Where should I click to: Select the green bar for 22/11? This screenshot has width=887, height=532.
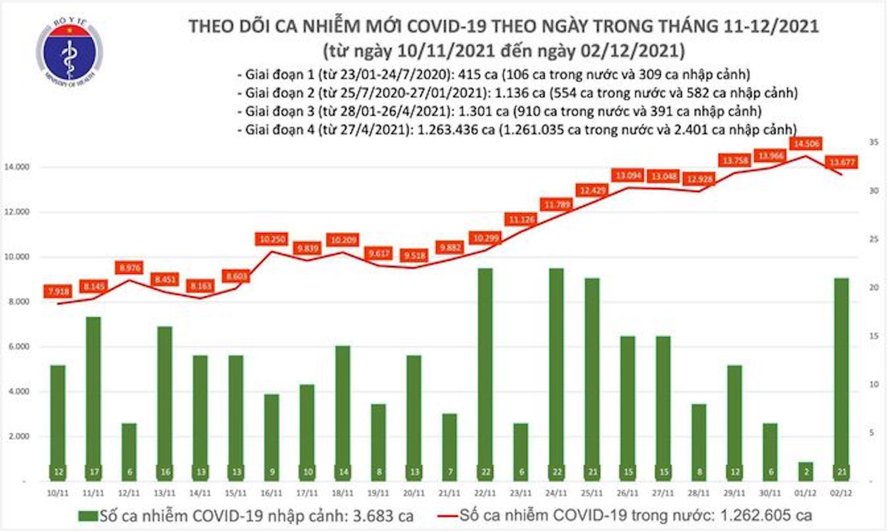pyautogui.click(x=485, y=370)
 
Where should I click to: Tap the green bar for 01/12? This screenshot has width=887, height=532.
pyautogui.click(x=805, y=471)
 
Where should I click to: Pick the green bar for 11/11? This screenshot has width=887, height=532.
pyautogui.click(x=93, y=393)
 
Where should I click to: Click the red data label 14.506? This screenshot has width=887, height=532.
pyautogui.click(x=806, y=144)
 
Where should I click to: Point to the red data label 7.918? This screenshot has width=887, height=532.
pyautogui.click(x=58, y=291)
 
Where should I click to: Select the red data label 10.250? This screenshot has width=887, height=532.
pyautogui.click(x=272, y=239)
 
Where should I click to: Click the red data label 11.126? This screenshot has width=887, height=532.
pyautogui.click(x=522, y=220)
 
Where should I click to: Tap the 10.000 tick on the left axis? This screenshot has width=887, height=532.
pyautogui.click(x=17, y=257)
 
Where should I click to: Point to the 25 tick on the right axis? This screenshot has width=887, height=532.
pyautogui.click(x=874, y=239)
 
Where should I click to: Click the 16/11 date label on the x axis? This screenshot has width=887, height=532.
pyautogui.click(x=271, y=494)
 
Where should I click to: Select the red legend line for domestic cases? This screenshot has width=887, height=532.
pyautogui.click(x=447, y=515)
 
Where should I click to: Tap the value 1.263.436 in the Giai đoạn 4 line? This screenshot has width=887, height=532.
pyautogui.click(x=456, y=130)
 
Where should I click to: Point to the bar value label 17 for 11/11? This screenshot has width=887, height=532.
pyautogui.click(x=93, y=472)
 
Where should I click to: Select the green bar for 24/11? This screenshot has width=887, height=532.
pyautogui.click(x=557, y=370)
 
